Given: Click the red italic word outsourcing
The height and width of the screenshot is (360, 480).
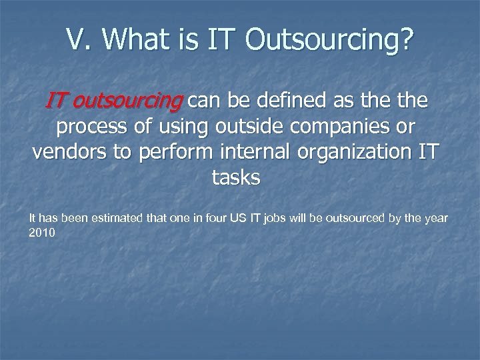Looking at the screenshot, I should (x=127, y=102).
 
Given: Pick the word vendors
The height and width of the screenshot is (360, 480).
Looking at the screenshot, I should (x=69, y=151).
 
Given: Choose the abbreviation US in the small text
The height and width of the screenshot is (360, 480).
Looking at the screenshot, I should (x=259, y=218).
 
